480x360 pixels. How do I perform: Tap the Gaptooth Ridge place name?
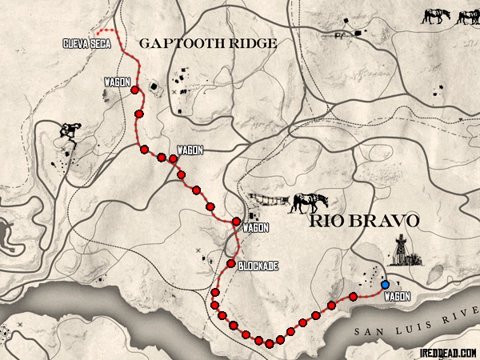(x=208, y=43)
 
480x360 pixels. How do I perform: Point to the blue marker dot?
(x=386, y=284)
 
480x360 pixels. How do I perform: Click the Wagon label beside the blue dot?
(x=398, y=297)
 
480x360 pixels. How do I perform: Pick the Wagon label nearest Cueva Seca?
(x=117, y=82)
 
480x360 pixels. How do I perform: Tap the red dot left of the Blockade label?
(x=230, y=264)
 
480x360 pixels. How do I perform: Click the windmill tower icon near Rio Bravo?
(x=402, y=252)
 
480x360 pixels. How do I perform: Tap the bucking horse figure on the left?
(x=70, y=133)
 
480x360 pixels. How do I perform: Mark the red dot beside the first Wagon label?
(x=134, y=90)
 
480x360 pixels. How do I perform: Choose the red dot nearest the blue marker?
(x=353, y=297)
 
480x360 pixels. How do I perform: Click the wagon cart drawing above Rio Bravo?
(x=268, y=200)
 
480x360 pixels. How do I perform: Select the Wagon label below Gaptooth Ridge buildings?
(x=190, y=150)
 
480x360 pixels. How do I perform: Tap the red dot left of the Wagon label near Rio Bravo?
(x=236, y=221)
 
